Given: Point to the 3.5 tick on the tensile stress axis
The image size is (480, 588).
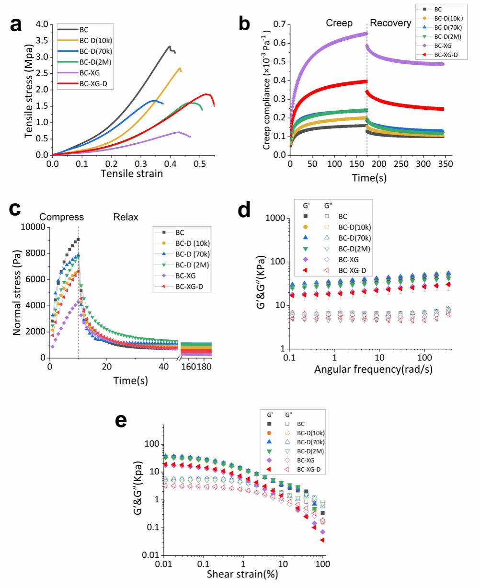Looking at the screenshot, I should click(x=42, y=40).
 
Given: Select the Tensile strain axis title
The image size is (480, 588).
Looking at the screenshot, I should click(x=132, y=173).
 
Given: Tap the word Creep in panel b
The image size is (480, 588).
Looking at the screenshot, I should click(x=340, y=23).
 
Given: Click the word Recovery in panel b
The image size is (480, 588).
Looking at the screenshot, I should click(x=390, y=23).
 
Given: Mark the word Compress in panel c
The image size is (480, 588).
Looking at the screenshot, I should click(x=61, y=217).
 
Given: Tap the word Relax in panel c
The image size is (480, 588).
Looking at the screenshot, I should click(x=126, y=217).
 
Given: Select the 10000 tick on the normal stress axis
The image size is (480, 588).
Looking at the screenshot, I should click(x=33, y=227).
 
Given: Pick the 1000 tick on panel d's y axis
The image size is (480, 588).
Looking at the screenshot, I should click(x=275, y=218).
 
